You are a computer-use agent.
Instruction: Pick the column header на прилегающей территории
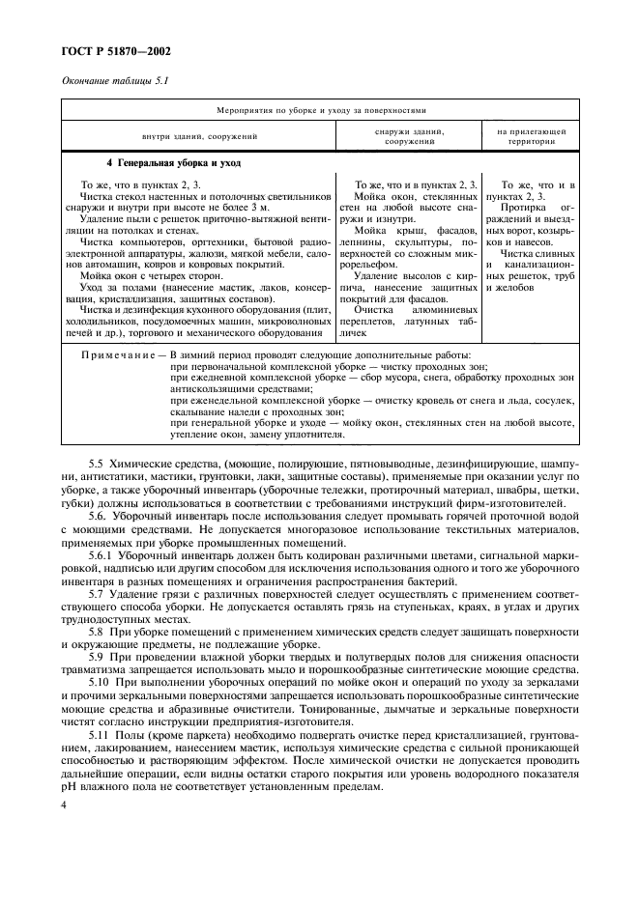[531, 134]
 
